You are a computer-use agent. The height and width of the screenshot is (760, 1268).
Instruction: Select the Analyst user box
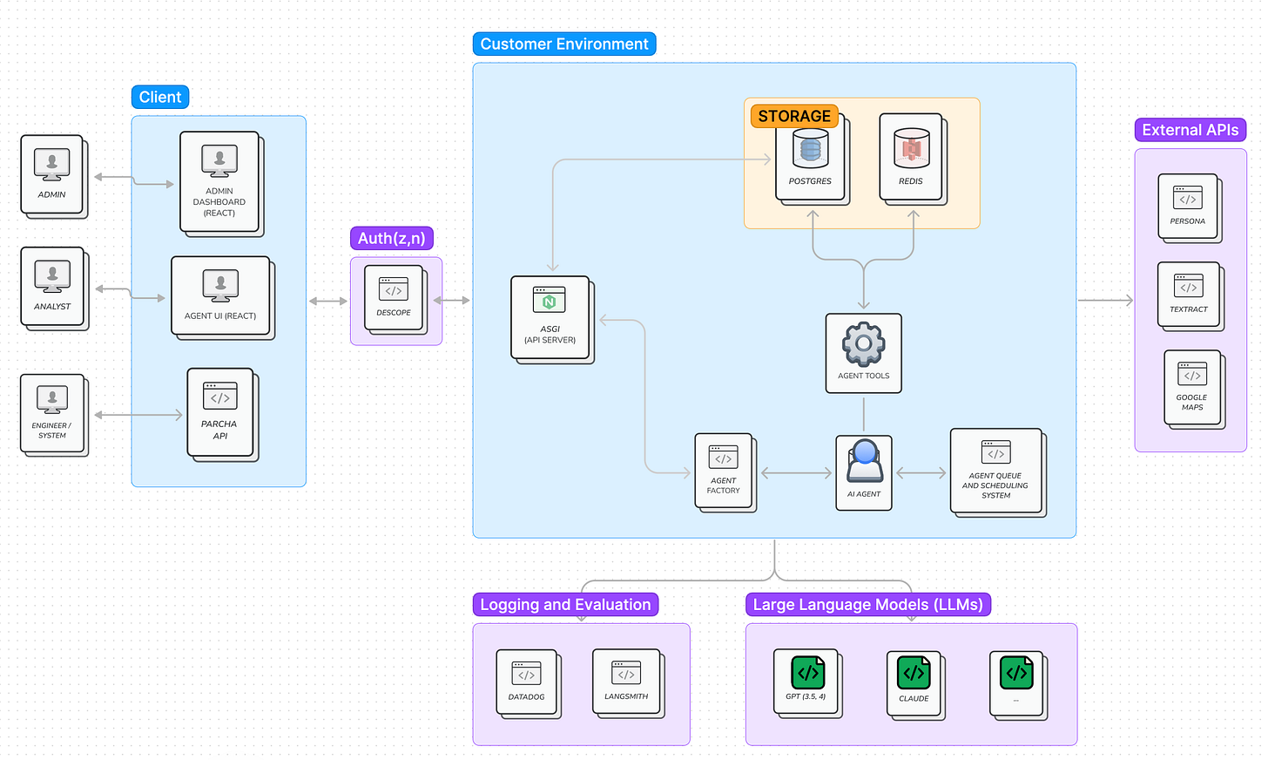[x=54, y=288]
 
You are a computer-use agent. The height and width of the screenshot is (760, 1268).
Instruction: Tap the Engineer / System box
[x=54, y=415]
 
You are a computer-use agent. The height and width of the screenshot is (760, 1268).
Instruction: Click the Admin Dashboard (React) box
[x=222, y=184]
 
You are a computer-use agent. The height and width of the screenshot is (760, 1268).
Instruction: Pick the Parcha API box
[x=222, y=415]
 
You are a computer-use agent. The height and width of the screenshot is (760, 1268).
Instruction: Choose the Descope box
[x=395, y=300]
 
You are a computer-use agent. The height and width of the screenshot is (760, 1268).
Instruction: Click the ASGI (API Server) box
[x=552, y=319]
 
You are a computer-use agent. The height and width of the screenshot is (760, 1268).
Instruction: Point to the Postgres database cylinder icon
[x=810, y=148]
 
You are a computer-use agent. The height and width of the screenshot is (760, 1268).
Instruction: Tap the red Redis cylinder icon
[x=911, y=148]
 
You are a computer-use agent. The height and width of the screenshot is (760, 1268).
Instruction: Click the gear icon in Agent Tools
[x=863, y=343]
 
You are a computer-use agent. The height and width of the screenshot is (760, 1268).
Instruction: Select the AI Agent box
[x=864, y=473]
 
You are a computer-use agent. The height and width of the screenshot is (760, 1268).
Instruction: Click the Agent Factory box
[x=725, y=473]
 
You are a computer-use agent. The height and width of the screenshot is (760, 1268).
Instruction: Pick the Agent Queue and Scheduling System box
[x=998, y=473]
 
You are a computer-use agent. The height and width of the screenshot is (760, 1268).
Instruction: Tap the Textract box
[x=1190, y=296]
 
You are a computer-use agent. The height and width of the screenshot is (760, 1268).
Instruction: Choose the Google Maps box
[x=1195, y=389]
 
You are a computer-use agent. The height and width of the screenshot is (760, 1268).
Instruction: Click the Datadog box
[x=529, y=684]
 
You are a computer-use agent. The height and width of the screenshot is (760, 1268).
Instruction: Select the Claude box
[x=915, y=685]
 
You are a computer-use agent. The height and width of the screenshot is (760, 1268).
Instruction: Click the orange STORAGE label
[x=794, y=116]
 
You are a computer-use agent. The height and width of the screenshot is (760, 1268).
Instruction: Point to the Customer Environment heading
[x=564, y=44]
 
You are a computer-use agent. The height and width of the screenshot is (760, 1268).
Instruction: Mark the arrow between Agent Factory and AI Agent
[x=797, y=473]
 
